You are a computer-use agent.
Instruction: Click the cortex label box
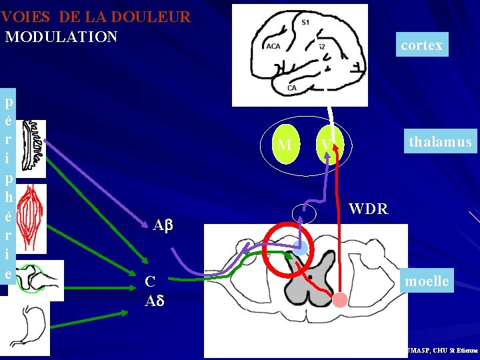coord(421,45)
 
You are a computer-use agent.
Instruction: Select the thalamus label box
coord(441,141)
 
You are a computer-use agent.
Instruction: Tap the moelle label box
coord(427,281)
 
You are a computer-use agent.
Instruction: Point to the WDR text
coord(368,209)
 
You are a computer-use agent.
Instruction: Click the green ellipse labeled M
coord(285,144)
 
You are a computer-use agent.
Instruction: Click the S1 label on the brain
coord(305,23)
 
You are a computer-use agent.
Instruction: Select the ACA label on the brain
coord(273,46)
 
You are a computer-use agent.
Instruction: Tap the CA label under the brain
coord(291,87)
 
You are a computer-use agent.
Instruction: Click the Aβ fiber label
coord(163,225)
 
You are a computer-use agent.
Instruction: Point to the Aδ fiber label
coord(154,300)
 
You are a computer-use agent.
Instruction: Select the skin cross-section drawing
coord(31,149)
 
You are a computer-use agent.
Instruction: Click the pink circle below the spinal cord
coord(340,300)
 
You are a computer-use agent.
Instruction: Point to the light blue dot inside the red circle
coord(301,249)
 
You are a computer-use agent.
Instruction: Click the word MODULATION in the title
coord(61,36)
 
